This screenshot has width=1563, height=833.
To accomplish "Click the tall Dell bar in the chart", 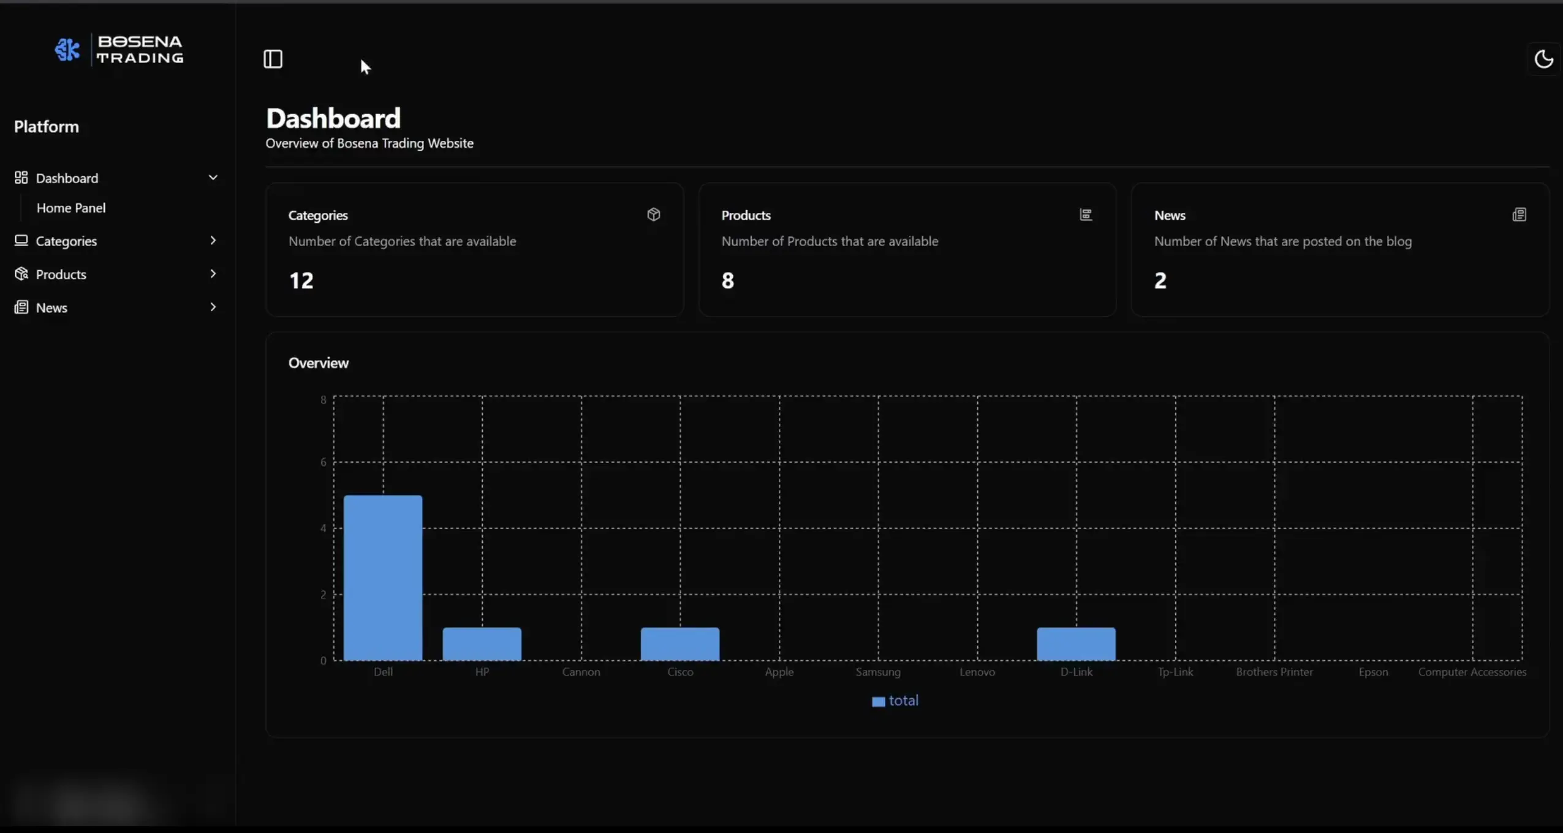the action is (383, 578).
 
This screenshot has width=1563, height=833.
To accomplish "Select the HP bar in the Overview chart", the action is (482, 644).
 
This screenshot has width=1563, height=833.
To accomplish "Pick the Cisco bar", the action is (680, 644).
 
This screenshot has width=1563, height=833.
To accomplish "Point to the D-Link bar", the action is (1077, 644).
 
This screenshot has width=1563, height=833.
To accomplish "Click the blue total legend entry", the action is (895, 701).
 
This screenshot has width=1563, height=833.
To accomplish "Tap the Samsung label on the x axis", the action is (878, 672).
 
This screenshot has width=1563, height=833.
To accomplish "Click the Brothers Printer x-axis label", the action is (1274, 672).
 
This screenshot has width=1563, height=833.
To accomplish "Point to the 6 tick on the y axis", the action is (324, 462).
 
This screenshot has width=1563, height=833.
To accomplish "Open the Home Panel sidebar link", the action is (71, 208).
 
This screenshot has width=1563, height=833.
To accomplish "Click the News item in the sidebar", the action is (51, 307).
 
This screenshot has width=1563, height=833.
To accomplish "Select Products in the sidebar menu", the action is (61, 274).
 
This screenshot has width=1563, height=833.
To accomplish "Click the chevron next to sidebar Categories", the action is (213, 240).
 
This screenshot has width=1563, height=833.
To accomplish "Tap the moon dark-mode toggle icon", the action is (1543, 59).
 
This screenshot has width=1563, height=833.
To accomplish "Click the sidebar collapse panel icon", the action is (273, 59).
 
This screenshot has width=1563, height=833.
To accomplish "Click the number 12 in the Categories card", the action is (301, 281).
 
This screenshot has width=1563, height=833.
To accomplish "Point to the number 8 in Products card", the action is (727, 281).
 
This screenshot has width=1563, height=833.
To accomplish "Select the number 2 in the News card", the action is (1160, 281).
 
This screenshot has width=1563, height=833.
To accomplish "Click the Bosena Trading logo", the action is (119, 49).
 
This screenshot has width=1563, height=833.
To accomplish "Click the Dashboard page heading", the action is (333, 118).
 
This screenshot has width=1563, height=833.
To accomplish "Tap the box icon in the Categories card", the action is (654, 214).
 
